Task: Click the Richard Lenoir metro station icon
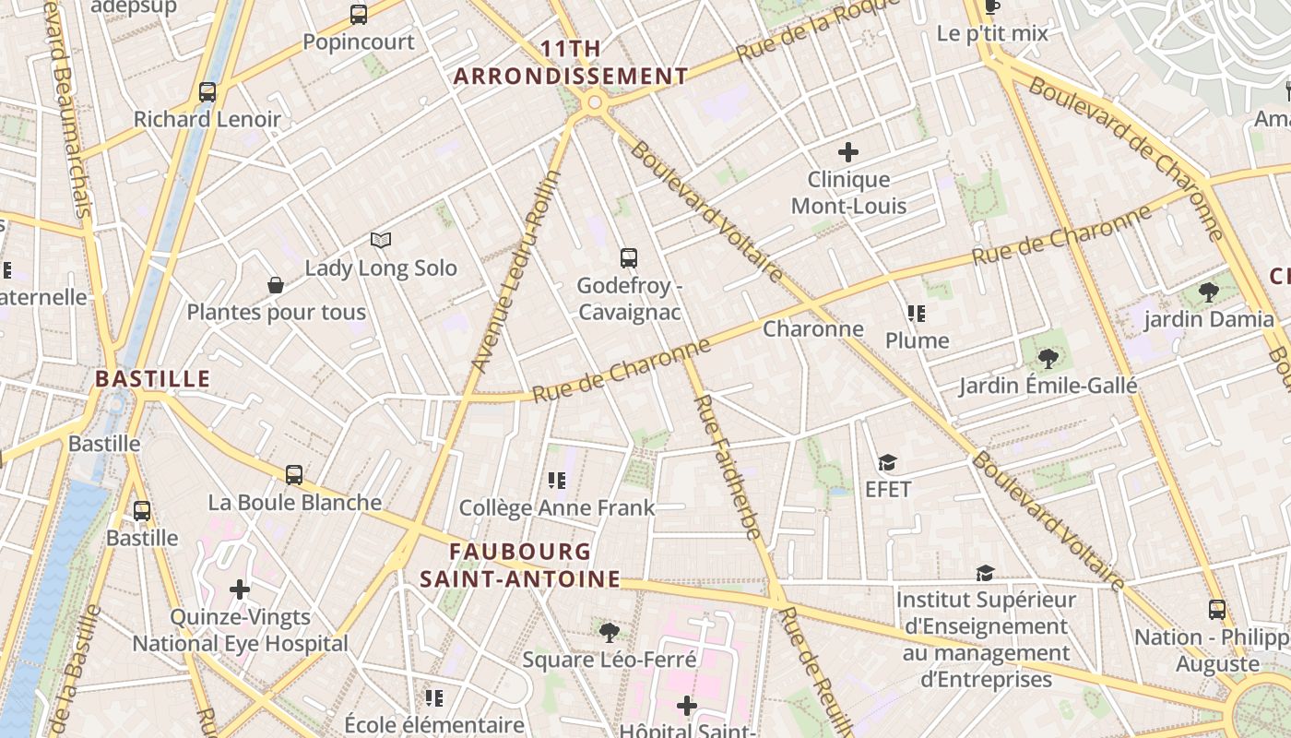207,92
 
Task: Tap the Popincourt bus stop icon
359,15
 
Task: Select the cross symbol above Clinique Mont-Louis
848,152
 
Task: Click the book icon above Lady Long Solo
381,240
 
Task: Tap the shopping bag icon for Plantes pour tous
275,285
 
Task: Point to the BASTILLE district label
153,378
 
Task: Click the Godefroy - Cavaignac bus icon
629,258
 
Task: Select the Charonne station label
813,328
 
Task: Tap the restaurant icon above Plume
916,314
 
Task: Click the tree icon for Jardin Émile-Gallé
1047,358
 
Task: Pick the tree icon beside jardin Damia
1208,292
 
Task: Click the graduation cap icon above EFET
887,462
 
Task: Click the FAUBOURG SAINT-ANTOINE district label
520,565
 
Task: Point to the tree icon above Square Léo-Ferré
609,632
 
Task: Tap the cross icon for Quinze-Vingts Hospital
240,589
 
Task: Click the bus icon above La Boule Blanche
294,475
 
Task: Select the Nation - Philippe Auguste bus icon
1217,610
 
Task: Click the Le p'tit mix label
992,33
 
